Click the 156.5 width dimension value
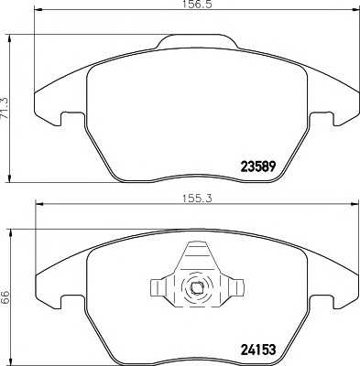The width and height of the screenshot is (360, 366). [x=198, y=5]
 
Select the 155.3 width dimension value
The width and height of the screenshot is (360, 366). [x=197, y=199]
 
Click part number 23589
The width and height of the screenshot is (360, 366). [x=258, y=167]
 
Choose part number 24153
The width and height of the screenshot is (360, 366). [x=258, y=350]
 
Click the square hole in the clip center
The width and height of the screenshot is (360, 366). [x=196, y=287]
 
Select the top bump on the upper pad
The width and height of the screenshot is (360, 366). [x=197, y=41]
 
